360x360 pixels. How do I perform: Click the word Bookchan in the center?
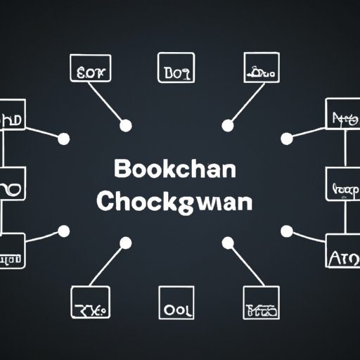click(x=173, y=171)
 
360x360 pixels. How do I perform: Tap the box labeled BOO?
click(x=175, y=70)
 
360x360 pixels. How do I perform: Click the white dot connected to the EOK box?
click(x=125, y=127)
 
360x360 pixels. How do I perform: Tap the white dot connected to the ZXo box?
click(x=125, y=243)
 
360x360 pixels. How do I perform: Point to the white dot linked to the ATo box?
click(x=286, y=231)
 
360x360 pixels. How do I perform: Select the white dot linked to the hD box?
click(x=63, y=139)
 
